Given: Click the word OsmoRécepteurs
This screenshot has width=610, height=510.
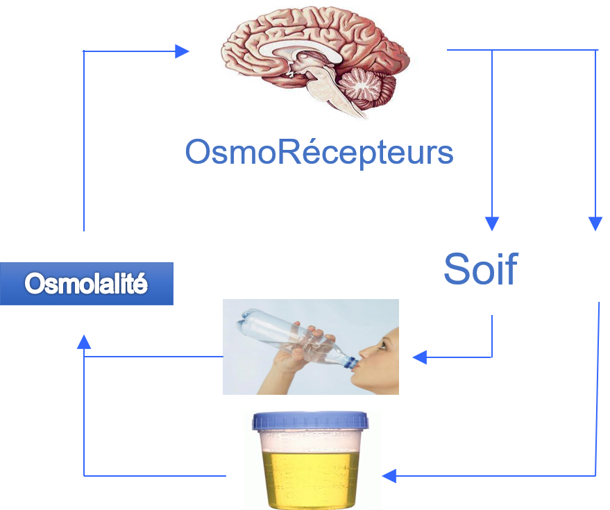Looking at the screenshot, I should point(319,152).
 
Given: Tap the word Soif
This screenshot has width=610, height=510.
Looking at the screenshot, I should point(480,269).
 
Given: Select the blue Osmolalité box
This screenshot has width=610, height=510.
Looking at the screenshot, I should point(86,284).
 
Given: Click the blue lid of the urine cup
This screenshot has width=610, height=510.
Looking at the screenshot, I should point(310,422).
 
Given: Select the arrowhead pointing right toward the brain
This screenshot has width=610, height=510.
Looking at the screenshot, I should point(183,51).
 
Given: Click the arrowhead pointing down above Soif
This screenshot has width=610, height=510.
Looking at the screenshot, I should point(492,223).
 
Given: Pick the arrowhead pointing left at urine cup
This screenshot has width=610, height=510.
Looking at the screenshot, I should point(389,475).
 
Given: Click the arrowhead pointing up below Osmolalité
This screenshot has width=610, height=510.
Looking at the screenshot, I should point(84,341).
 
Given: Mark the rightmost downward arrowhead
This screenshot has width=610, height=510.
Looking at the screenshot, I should point(595,223).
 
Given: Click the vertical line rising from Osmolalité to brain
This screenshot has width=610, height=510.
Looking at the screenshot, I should point(84,139).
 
